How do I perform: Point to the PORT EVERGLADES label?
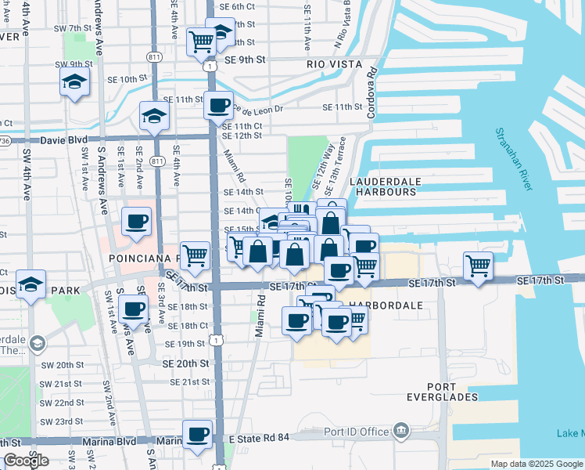tap(464, 392)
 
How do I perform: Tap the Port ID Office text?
tap(357, 432)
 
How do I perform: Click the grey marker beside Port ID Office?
tap(401, 431)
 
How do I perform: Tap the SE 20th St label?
tap(185, 364)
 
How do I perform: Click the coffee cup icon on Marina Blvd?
tap(197, 434)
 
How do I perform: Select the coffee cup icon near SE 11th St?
tap(218, 104)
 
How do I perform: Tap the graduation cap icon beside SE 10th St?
tap(74, 81)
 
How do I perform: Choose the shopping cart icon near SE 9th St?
tap(201, 41)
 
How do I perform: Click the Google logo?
tap(26, 461)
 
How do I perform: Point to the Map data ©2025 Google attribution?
tap(536, 464)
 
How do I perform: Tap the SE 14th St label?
tap(243, 192)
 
